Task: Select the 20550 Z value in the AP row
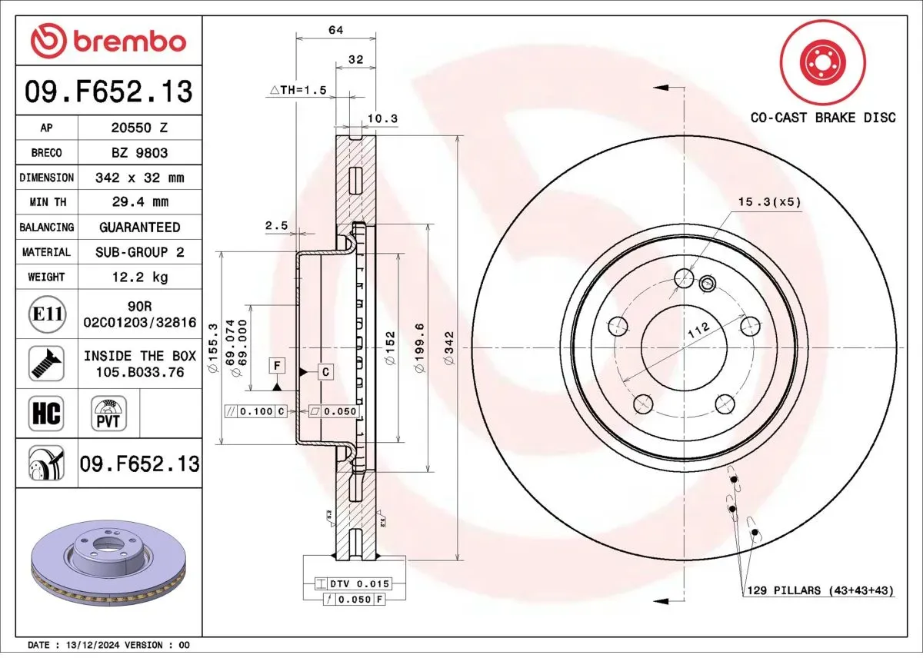[x=138, y=128]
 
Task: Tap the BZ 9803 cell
[x=138, y=152]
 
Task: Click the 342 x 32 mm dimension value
[x=138, y=178]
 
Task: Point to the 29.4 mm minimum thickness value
[x=138, y=202]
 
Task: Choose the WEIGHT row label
[x=46, y=277]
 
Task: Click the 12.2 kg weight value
[x=138, y=277]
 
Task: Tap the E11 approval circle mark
[x=46, y=314]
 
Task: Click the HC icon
[x=45, y=414]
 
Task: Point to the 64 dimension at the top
[x=335, y=30]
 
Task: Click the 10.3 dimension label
[x=382, y=118]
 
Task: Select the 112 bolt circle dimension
[x=698, y=331]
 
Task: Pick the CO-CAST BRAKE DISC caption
[x=823, y=118]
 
